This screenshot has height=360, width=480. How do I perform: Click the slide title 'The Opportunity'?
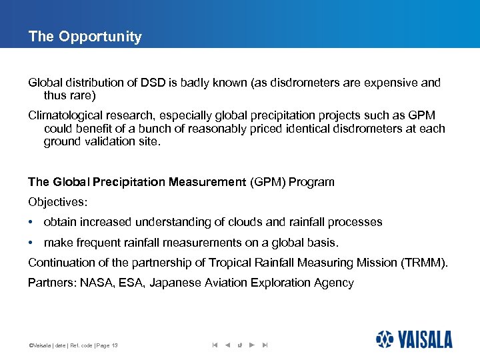point(85,37)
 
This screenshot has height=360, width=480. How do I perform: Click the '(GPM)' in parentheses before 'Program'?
point(267,182)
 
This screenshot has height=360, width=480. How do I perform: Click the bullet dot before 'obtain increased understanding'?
point(31,223)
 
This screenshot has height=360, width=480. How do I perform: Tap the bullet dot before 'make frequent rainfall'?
point(31,243)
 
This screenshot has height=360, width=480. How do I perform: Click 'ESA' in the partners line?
point(132,283)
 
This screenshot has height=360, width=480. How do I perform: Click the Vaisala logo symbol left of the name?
point(385,339)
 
